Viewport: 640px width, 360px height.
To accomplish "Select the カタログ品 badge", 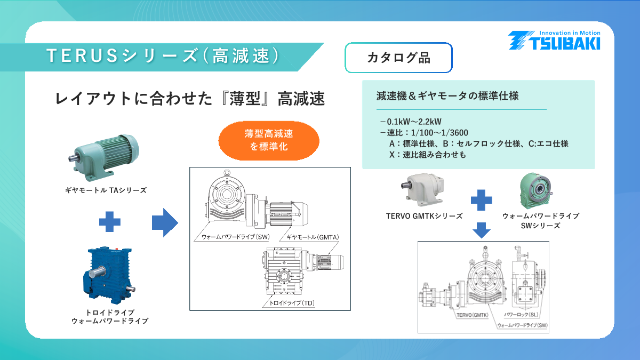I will click(398, 58).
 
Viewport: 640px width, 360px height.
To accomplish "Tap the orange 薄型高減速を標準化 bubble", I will click(269, 140).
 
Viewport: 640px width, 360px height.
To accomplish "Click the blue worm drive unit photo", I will click(109, 275).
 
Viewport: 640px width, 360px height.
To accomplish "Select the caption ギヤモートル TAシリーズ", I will click(106, 190).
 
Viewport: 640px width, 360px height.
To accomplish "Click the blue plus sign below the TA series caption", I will click(109, 221).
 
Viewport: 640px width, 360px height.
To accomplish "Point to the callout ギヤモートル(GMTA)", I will click(313, 236).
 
